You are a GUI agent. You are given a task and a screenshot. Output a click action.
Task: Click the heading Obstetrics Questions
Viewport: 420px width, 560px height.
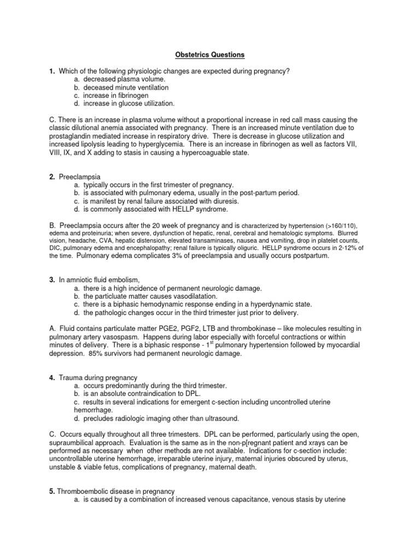click(210, 55)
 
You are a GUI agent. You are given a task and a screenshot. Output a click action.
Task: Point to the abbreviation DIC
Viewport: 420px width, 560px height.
click(66, 248)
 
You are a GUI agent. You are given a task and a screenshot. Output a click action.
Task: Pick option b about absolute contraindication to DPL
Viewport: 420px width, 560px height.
click(143, 394)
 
